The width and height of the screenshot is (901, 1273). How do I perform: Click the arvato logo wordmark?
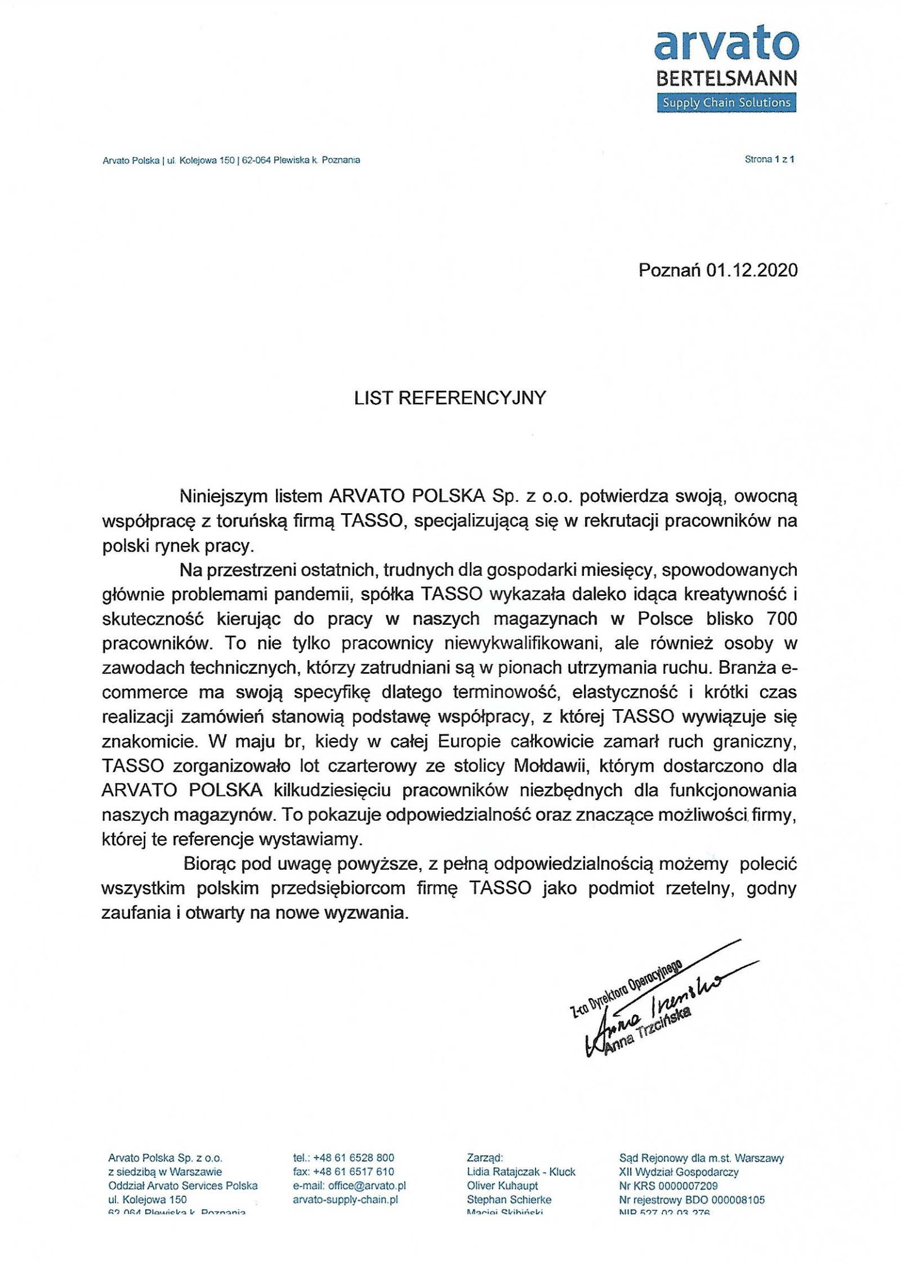(x=726, y=45)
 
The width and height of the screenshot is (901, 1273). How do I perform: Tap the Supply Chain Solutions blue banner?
(x=726, y=103)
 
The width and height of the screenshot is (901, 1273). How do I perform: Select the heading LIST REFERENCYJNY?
(x=450, y=398)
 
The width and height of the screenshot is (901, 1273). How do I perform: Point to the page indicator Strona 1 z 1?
(x=769, y=159)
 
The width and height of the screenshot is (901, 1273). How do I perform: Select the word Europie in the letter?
(x=469, y=741)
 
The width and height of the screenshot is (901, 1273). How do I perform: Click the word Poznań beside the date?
(x=670, y=270)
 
